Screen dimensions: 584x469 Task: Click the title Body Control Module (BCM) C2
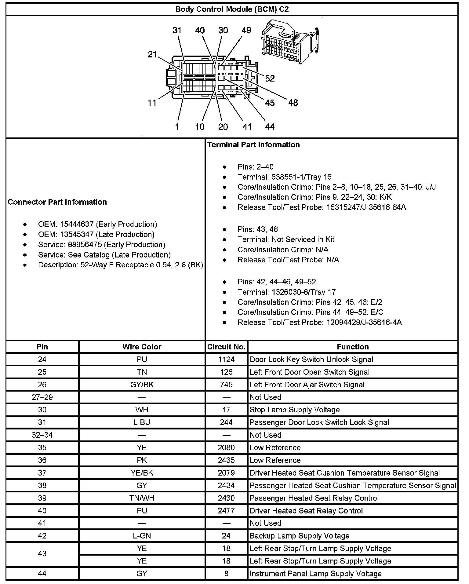pyautogui.click(x=232, y=9)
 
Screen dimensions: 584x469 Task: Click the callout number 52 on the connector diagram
pyautogui.click(x=270, y=78)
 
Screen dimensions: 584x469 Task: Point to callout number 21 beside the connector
pyautogui.click(x=152, y=55)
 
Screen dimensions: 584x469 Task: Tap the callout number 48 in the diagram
pyautogui.click(x=293, y=103)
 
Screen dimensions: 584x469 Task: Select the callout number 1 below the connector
pyautogui.click(x=177, y=127)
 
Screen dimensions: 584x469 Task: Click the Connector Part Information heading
pyautogui.click(x=57, y=202)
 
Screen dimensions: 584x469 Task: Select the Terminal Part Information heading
pyautogui.click(x=253, y=144)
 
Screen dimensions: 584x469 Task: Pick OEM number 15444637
pyautogui.click(x=76, y=224)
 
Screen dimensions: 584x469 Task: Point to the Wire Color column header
pyautogui.click(x=142, y=347)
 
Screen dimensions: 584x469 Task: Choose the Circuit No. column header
pyautogui.click(x=226, y=347)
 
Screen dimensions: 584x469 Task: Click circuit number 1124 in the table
pyautogui.click(x=226, y=359)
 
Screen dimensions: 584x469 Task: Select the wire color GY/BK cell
pyautogui.click(x=142, y=385)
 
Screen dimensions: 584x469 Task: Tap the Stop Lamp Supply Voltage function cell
pyautogui.click(x=294, y=410)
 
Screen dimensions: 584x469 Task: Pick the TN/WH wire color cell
pyautogui.click(x=142, y=498)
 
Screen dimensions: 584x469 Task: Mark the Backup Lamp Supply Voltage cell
pyautogui.click(x=299, y=536)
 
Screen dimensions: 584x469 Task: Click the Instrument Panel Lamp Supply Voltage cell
pyautogui.click(x=315, y=574)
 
